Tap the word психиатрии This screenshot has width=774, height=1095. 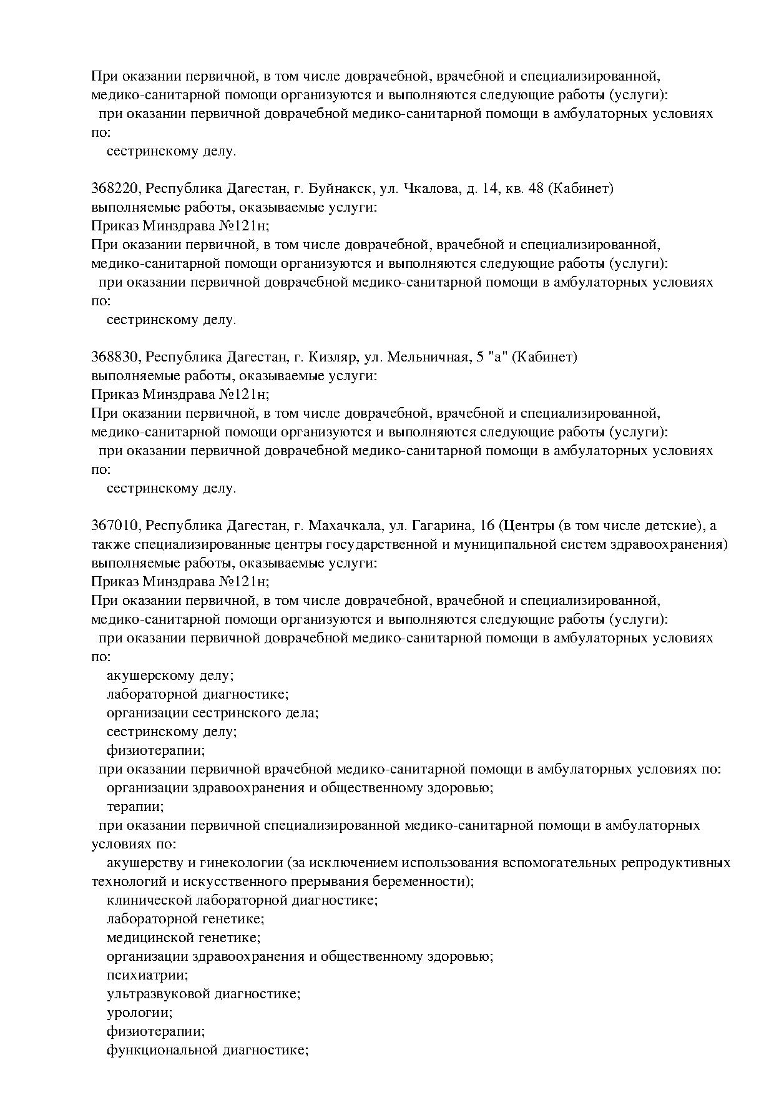tap(147, 975)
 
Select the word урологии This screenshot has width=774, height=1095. tap(140, 1013)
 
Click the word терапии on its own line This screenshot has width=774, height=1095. tap(135, 807)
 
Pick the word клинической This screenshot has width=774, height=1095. tap(149, 900)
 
